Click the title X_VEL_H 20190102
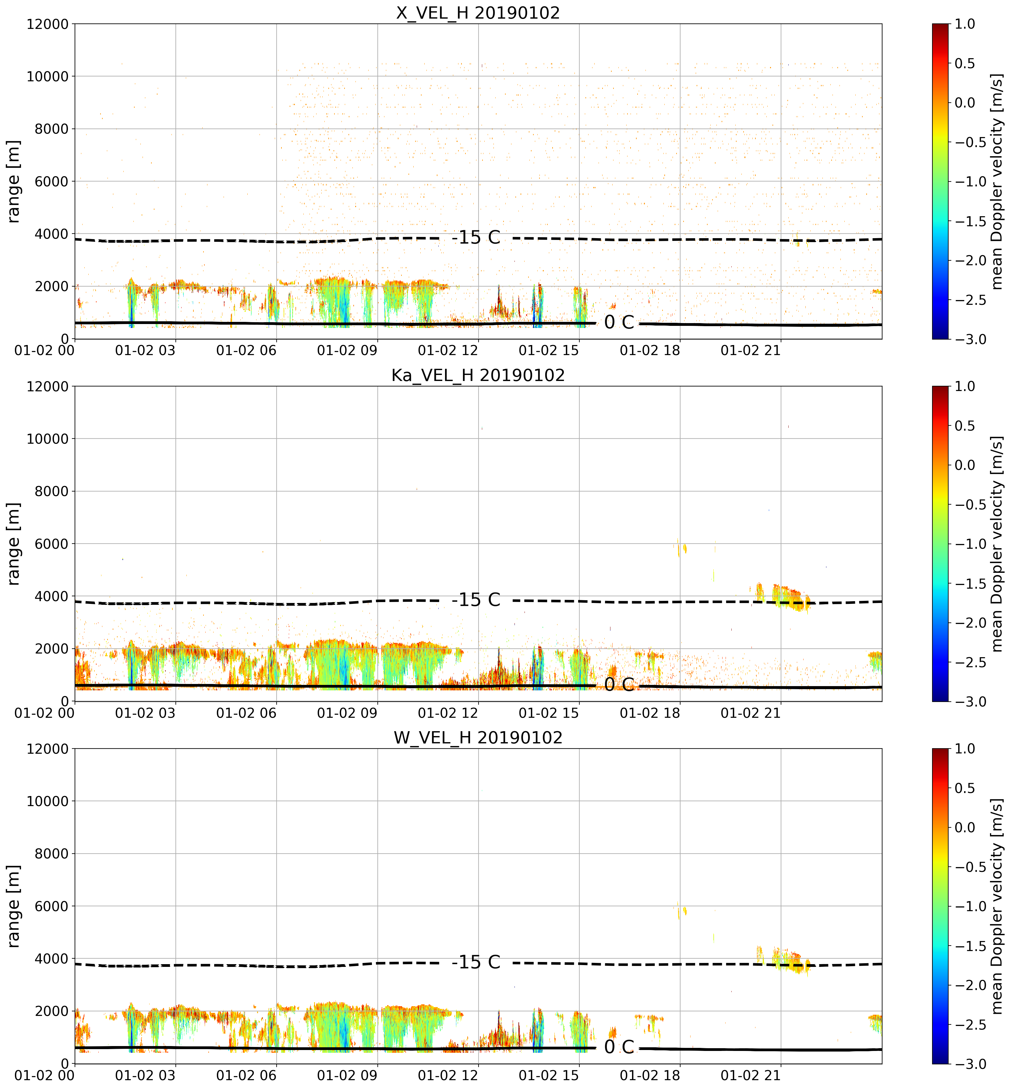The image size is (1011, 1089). coord(478,12)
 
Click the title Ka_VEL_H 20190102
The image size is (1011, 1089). coord(478,375)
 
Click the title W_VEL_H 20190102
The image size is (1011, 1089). coord(478,738)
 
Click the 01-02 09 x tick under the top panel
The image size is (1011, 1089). coord(347,350)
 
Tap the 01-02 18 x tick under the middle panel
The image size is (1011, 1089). coord(650,713)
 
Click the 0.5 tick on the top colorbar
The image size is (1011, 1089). coord(965,63)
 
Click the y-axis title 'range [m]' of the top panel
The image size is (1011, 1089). coord(14,181)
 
